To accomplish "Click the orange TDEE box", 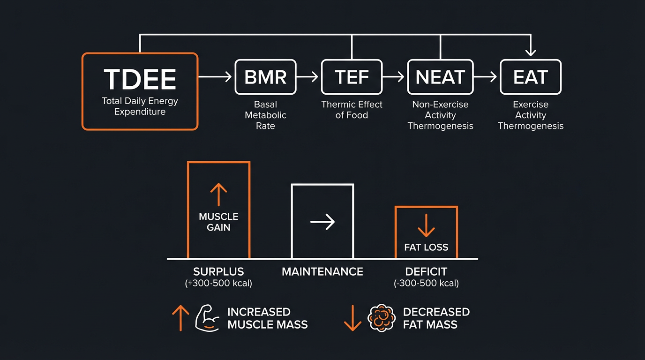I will [140, 91].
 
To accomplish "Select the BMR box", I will [265, 77].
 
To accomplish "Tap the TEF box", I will [352, 77].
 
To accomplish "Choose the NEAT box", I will [440, 77].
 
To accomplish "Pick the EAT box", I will [530, 77].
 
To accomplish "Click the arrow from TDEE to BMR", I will [216, 77].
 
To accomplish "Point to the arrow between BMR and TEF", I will [308, 77].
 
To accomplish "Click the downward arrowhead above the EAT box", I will [530, 52].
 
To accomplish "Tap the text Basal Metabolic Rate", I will [265, 115].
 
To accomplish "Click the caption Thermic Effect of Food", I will [352, 110].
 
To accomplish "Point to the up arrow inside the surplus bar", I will [218, 195].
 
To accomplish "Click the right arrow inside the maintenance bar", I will [322, 222].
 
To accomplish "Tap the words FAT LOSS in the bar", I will [426, 247].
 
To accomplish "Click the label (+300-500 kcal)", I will [218, 283].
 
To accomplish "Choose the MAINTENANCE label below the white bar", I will [322, 271].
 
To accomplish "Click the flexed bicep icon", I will [207, 318].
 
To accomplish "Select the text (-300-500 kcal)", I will [426, 283].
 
